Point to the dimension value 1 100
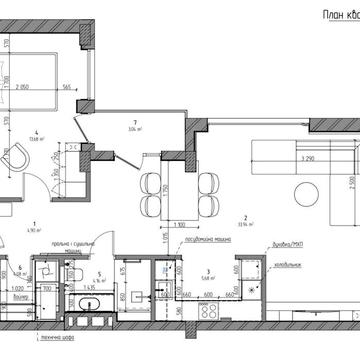[x=180, y=226]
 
